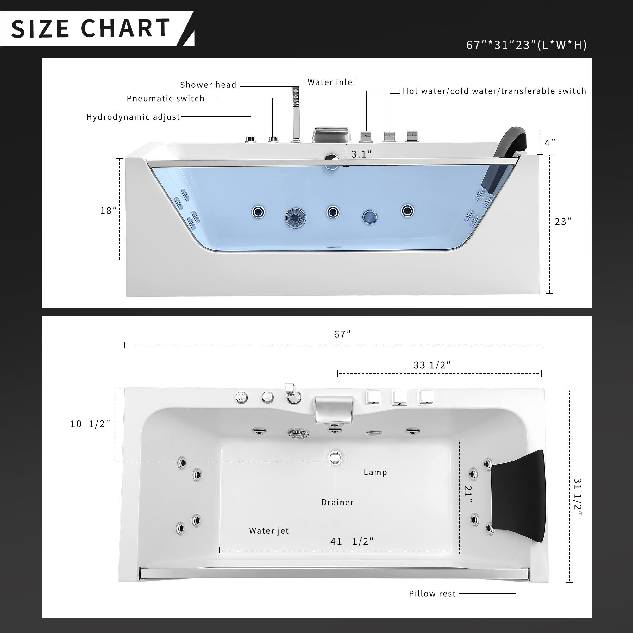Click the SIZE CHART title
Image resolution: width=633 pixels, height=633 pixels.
point(90,28)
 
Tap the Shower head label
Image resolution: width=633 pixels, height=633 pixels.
point(208,85)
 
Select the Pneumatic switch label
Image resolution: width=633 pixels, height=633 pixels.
point(166,99)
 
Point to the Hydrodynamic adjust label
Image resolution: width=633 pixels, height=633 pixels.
point(133,117)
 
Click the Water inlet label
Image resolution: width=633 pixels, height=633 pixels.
point(332,82)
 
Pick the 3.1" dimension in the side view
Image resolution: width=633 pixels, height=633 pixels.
point(361,154)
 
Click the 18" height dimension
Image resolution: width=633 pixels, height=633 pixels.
point(109,210)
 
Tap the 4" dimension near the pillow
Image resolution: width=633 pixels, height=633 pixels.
point(549,143)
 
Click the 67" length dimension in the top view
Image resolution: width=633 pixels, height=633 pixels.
point(342,334)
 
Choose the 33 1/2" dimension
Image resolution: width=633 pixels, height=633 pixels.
point(432,365)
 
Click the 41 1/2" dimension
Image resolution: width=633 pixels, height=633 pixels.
point(352,541)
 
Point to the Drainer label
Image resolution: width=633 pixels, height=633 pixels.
point(337,502)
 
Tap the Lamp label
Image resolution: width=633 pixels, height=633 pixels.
point(375,472)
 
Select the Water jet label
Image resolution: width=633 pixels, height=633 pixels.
point(269,531)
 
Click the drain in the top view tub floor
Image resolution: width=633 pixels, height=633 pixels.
point(335,457)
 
